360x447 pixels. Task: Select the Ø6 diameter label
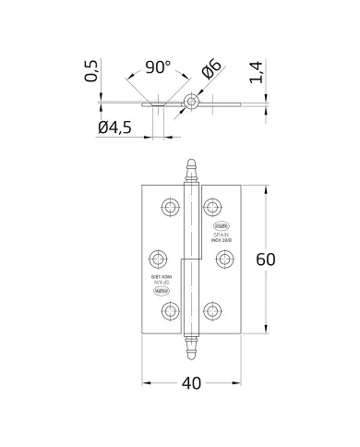(210, 69)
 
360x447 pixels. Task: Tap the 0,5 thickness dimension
(91, 70)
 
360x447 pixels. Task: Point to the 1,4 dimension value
(259, 70)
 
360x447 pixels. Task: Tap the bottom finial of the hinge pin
(192, 350)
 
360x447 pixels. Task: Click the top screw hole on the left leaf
(168, 206)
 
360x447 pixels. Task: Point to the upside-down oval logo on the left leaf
(156, 295)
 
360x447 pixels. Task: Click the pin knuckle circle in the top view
(191, 101)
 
